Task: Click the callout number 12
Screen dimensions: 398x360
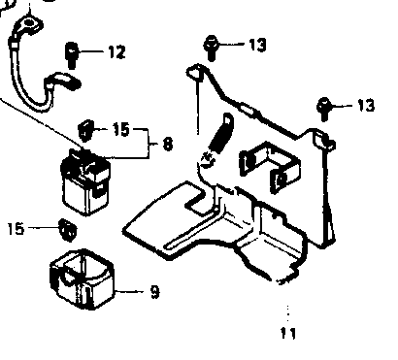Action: (116, 51)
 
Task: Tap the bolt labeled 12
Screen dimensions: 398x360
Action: (72, 55)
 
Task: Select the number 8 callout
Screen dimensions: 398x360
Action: (168, 144)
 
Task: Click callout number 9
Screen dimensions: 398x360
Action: (155, 292)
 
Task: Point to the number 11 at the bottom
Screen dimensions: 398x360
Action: (288, 333)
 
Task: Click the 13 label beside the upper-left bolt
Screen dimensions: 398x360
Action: (257, 45)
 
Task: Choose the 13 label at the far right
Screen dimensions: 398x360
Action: (366, 105)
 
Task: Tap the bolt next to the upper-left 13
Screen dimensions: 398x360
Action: (211, 48)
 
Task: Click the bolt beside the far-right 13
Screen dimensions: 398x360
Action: (323, 109)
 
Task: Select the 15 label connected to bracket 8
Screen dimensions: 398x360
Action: (121, 129)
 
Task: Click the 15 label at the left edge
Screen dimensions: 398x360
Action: (16, 228)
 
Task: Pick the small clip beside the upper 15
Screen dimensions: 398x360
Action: (85, 129)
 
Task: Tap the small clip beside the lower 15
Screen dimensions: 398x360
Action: (67, 230)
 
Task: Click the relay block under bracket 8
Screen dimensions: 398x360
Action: (85, 181)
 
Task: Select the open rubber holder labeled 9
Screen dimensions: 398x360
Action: (82, 278)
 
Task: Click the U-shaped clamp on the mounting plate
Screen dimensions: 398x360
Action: (270, 167)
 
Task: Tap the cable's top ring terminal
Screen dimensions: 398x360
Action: (30, 24)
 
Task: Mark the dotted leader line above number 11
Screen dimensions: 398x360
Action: (288, 314)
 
